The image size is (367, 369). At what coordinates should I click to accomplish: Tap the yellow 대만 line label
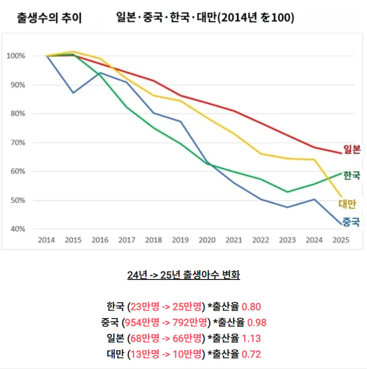[348, 203]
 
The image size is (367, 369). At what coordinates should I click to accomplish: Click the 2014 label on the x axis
[46, 240]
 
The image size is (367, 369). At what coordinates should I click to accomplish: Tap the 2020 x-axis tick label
[207, 240]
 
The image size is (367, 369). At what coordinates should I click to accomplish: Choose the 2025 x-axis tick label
[341, 240]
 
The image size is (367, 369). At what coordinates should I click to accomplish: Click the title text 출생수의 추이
[49, 19]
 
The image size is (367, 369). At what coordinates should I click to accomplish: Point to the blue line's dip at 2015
[73, 92]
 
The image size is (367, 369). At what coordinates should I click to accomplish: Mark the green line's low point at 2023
[287, 192]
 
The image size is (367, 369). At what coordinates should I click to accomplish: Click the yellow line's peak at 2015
[73, 51]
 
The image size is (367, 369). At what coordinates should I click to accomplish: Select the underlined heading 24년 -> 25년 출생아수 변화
[183, 275]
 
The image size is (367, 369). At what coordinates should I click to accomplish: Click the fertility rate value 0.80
[251, 307]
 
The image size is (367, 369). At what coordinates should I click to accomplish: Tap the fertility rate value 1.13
[251, 338]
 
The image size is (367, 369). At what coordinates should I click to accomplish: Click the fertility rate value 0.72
[251, 354]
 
